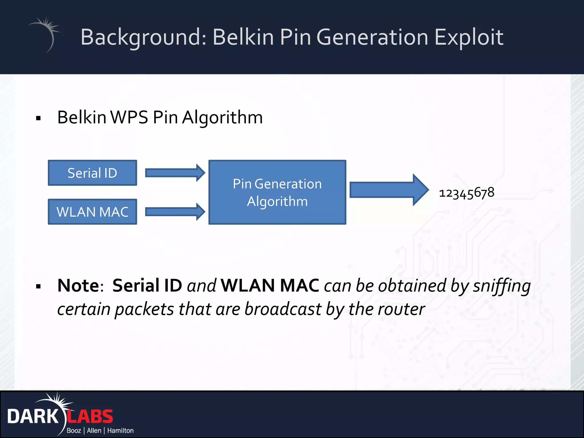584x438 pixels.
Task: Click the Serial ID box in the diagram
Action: [92, 173]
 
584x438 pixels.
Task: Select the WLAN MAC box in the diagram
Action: [92, 212]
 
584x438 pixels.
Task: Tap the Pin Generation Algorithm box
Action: [277, 192]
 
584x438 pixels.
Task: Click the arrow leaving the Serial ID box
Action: [175, 173]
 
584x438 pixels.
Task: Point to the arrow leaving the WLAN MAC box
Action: [175, 212]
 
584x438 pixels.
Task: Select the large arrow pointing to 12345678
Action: [388, 190]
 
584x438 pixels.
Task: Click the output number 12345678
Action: [467, 193]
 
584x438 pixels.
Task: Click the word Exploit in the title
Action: [469, 37]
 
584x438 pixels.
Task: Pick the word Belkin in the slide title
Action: [243, 37]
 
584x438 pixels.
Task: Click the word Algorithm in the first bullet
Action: [222, 117]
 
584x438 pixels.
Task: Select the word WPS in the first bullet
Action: [129, 117]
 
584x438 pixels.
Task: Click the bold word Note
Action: [78, 285]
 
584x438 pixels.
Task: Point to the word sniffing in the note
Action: [502, 286]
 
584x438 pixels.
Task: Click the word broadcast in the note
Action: [283, 309]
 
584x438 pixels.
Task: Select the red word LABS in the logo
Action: [90, 417]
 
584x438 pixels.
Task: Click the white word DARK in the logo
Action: [33, 417]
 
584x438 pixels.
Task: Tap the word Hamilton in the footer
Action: [120, 431]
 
